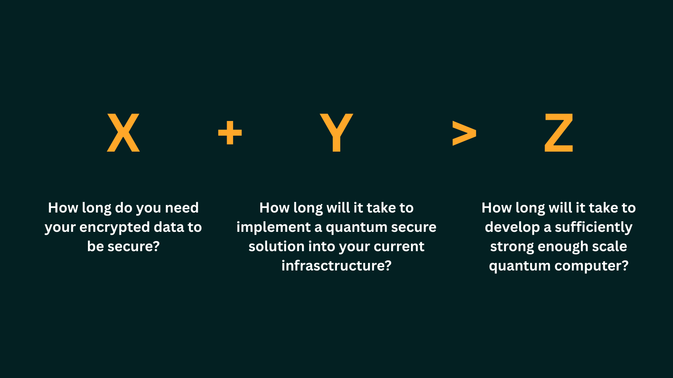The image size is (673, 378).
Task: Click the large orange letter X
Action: (x=123, y=133)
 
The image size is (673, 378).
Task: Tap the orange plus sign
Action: (x=230, y=133)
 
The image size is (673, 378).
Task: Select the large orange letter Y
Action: (x=336, y=133)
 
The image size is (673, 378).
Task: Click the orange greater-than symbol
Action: (x=464, y=133)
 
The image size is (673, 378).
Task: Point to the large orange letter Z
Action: (x=559, y=133)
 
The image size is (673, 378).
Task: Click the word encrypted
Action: (x=114, y=228)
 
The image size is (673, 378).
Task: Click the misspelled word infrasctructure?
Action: (x=336, y=266)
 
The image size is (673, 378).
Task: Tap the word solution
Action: (x=276, y=247)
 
